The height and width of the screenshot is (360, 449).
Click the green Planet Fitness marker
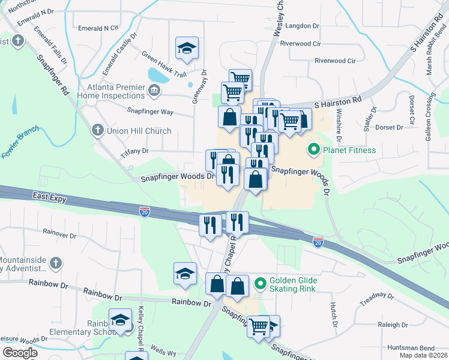[312, 150]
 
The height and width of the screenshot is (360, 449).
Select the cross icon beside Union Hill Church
[97, 130]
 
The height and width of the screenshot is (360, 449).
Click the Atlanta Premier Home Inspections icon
[154, 91]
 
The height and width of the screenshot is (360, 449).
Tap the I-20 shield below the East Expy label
[145, 211]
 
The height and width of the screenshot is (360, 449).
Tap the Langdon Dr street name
[304, 26]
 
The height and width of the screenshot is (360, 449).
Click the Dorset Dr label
[390, 127]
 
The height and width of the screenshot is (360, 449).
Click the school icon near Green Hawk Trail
[187, 47]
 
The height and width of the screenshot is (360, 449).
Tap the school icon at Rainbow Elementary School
[121, 319]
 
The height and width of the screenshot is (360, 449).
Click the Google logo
[20, 353]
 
